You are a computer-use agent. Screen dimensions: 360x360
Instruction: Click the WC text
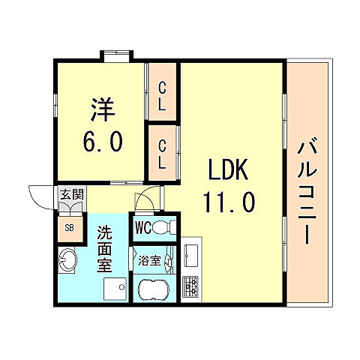point(143,227)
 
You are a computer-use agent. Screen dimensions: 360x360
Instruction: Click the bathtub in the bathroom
point(155,289)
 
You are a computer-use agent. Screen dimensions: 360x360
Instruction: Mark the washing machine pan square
point(114,289)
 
